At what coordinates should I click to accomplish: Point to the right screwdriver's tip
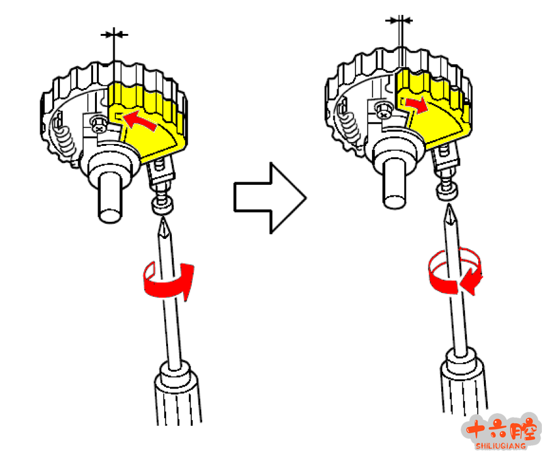pos(450,205)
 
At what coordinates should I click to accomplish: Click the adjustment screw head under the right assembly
pos(447,192)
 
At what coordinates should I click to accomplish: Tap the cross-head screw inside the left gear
pos(99,125)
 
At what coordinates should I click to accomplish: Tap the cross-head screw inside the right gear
pos(383,110)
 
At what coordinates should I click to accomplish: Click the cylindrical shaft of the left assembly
pos(111,197)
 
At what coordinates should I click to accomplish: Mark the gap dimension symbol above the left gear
pos(114,35)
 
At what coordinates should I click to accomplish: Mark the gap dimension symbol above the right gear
pos(400,20)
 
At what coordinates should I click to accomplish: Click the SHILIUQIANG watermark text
pos(500,446)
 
